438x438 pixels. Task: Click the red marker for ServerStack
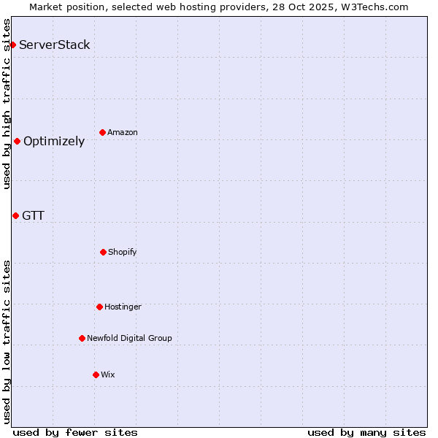point(12,45)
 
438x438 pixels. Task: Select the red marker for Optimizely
point(17,141)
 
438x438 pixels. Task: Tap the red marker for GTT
point(15,215)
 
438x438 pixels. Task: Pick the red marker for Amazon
point(102,132)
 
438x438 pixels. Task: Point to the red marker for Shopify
point(103,252)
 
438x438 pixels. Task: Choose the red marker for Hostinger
point(99,307)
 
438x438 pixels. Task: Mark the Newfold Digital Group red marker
point(82,338)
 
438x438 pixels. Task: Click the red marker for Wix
point(96,374)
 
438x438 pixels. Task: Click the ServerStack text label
point(55,45)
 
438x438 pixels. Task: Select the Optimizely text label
point(54,142)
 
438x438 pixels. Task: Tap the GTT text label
point(33,215)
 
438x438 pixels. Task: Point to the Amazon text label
point(123,132)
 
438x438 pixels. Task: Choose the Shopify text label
point(123,252)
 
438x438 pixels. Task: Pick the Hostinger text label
point(123,307)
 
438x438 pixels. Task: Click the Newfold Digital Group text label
point(129,338)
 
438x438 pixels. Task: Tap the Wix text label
point(108,374)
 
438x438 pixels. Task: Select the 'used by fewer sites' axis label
point(75,432)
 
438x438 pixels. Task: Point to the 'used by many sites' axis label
point(366,432)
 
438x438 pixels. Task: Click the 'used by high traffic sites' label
point(7,104)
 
